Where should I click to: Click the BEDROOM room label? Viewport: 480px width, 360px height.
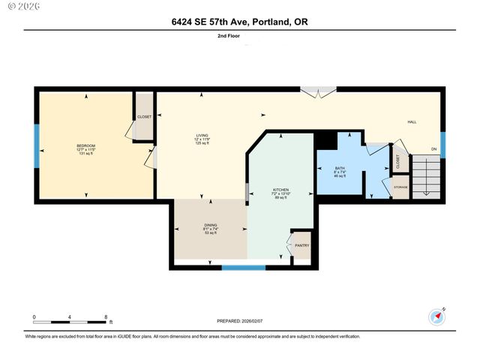click(x=85, y=145)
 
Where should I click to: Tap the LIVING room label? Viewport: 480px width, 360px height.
click(x=202, y=136)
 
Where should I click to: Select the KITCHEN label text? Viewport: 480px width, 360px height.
click(x=281, y=190)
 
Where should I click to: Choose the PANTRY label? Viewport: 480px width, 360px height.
click(x=301, y=245)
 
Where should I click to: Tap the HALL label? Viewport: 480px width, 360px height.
click(x=411, y=121)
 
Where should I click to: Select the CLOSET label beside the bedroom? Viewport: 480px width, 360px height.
click(x=144, y=116)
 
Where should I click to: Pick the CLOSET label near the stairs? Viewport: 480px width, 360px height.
click(x=397, y=160)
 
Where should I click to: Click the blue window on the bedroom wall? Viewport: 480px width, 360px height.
click(x=36, y=145)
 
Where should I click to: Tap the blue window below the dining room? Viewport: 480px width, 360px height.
click(x=244, y=267)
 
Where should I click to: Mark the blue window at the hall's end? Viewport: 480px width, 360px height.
click(x=442, y=144)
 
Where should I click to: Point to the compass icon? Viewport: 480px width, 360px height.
click(x=438, y=316)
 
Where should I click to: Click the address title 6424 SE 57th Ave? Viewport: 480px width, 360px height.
click(x=239, y=22)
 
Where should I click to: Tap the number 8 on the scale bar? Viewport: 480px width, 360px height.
click(x=106, y=317)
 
